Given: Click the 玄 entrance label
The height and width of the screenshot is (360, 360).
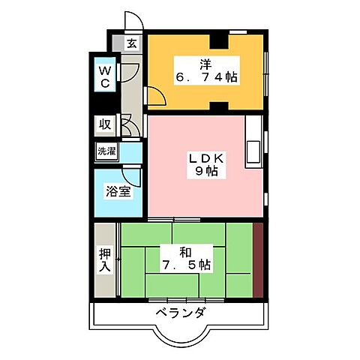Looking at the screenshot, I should [x=131, y=44].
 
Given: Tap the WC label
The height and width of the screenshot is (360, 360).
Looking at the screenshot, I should [x=106, y=78].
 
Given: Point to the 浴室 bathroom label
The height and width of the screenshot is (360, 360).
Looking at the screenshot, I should [x=118, y=190].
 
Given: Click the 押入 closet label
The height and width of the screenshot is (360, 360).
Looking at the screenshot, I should [x=104, y=260].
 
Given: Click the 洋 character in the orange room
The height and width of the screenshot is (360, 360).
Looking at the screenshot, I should [x=203, y=62].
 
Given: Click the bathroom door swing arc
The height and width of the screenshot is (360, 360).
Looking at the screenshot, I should [x=133, y=177].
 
